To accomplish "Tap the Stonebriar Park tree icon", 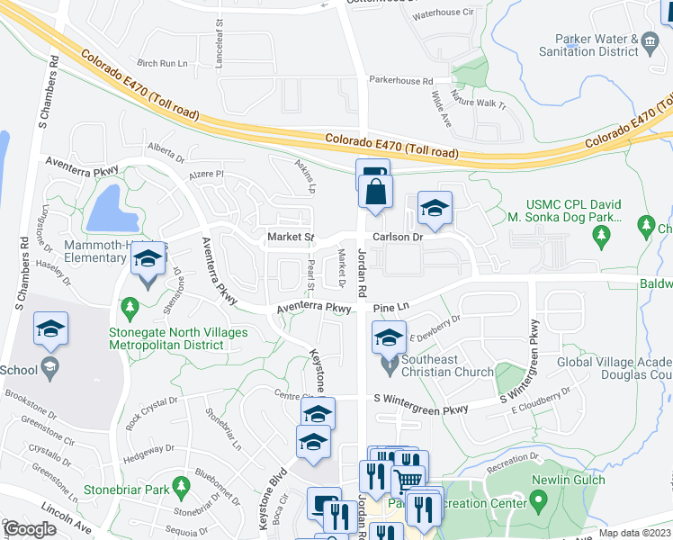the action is pos(181,486).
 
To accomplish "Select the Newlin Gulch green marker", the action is pos(539,499).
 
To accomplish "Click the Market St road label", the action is pos(289,238).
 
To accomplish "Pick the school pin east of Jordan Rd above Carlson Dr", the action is pos(435,210).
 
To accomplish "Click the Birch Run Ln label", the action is pos(162,64).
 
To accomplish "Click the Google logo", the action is pos(31,529).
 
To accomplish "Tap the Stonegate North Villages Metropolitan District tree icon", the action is pos(130,307).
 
